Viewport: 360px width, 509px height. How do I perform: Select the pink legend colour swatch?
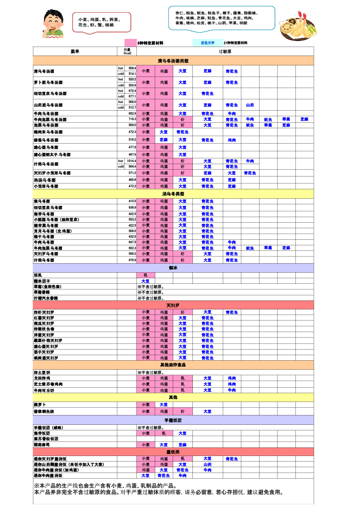tap(130, 43)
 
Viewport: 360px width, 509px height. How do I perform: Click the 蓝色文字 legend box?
tap(207, 43)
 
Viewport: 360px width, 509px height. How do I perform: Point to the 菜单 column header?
tap(75, 51)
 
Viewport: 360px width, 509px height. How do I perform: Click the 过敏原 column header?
tap(225, 51)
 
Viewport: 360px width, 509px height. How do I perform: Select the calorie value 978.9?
tap(132, 260)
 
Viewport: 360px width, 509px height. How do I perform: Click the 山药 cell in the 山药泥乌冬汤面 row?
tap(250, 105)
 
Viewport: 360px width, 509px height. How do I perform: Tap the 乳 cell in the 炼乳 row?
tap(145, 275)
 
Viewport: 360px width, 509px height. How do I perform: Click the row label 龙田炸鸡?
tap(42, 378)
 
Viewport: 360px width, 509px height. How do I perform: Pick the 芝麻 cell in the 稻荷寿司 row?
tap(182, 445)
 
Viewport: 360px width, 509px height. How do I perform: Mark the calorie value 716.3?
tap(132, 119)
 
